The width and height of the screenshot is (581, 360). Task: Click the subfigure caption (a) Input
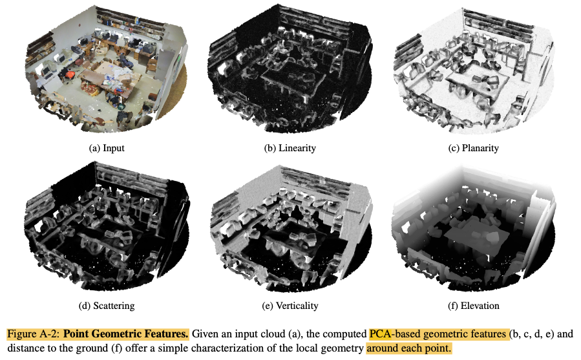tap(107, 148)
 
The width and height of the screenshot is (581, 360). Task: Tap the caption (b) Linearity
tap(290, 148)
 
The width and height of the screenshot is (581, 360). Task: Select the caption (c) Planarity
tap(473, 148)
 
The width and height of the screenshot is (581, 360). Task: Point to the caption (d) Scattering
tap(107, 306)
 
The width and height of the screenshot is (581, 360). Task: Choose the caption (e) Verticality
tap(290, 306)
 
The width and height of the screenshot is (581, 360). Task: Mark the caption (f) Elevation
tap(473, 306)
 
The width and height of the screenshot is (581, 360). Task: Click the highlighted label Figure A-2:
tap(34, 334)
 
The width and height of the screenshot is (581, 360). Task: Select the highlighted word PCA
tap(380, 334)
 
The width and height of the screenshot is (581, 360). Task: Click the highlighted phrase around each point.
tap(409, 349)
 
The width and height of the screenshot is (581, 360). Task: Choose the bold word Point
tap(76, 334)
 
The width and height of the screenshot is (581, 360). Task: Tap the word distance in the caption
tap(24, 349)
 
